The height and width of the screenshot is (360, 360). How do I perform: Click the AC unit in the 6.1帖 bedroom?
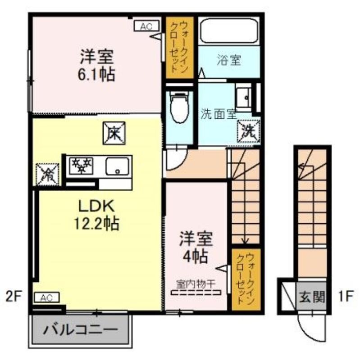pos(147,26)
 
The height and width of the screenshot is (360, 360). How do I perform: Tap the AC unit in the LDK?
pos(47,297)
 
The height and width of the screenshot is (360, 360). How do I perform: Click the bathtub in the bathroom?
pos(229,31)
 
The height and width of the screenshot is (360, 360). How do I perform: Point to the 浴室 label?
pos(229,60)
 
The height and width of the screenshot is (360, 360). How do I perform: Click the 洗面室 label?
pos(219,114)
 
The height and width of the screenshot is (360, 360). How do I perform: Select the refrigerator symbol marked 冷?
pos(48,175)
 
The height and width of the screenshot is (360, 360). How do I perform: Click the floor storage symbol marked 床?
pos(114,133)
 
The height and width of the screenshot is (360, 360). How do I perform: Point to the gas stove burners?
pos(82,165)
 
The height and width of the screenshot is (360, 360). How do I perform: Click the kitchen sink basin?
pos(117,166)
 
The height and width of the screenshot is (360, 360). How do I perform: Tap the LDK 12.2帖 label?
pos(96,215)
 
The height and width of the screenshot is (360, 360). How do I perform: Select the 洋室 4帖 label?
pos(196,247)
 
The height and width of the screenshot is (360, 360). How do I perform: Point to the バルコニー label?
pos(81,330)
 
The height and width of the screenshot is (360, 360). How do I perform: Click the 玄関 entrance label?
pos(312,297)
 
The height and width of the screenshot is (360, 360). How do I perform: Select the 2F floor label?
pos(14,297)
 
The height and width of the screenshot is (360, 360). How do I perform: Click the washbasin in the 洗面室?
pos(244,97)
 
